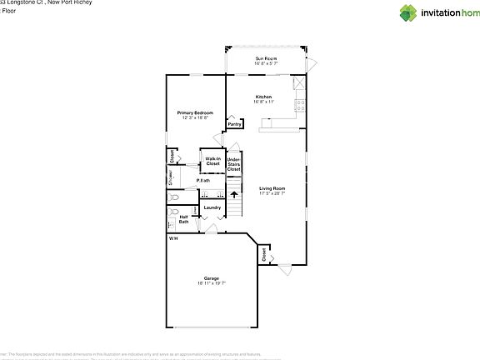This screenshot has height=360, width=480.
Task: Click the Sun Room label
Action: coord(266,58)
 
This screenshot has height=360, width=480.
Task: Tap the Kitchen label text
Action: coord(264,97)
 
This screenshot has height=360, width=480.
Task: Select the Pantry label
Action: coord(234,124)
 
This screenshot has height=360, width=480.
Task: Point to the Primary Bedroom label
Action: coord(195,112)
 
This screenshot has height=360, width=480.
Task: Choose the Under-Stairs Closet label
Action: coord(234,163)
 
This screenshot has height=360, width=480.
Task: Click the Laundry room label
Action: coord(212,207)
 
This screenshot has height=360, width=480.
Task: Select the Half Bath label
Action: coord(183,220)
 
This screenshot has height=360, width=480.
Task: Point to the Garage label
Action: coord(212,277)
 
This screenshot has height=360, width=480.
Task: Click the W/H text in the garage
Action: coord(173,239)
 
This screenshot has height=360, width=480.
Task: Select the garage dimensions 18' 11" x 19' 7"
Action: coord(212,283)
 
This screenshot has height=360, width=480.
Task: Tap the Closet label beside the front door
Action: coord(263,253)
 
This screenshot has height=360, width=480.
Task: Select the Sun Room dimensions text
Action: coord(266,63)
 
